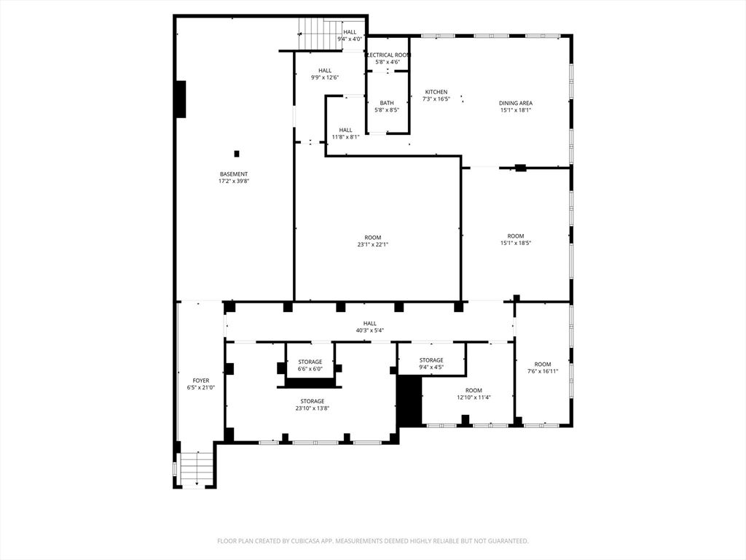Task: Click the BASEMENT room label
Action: tap(234, 174)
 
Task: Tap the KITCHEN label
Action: tap(436, 92)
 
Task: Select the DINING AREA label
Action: tap(516, 103)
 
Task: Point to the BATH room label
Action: tap(387, 103)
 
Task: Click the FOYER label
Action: tap(200, 381)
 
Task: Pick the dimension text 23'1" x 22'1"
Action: tap(373, 245)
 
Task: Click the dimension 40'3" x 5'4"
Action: tap(370, 330)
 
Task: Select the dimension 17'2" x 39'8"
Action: tap(234, 181)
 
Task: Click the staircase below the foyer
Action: tap(195, 468)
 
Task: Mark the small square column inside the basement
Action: tap(236, 153)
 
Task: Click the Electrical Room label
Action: tap(388, 55)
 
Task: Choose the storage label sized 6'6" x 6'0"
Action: tap(310, 362)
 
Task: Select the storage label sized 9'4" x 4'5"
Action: tap(431, 360)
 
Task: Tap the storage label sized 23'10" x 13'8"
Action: tap(313, 401)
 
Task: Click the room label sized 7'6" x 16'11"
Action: tap(543, 364)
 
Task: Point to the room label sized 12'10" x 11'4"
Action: tap(474, 390)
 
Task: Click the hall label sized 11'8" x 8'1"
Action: tap(345, 130)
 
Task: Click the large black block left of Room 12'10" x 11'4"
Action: tap(409, 401)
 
